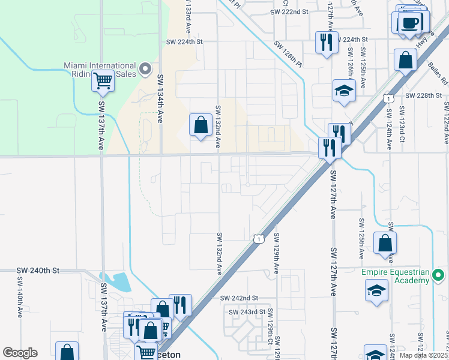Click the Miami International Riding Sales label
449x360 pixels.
point(100,70)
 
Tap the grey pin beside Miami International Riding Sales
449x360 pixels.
point(145,70)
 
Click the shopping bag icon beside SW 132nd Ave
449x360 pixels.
point(200,125)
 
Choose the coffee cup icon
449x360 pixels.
point(411,22)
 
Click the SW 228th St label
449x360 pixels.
point(423,95)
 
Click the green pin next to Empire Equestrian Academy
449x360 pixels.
point(439,276)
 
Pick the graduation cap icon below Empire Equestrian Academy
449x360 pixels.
point(376,291)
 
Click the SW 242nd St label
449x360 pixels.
point(238,298)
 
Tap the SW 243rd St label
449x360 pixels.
point(247,311)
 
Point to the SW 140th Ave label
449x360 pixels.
point(20,291)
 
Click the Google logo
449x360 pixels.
point(20,353)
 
